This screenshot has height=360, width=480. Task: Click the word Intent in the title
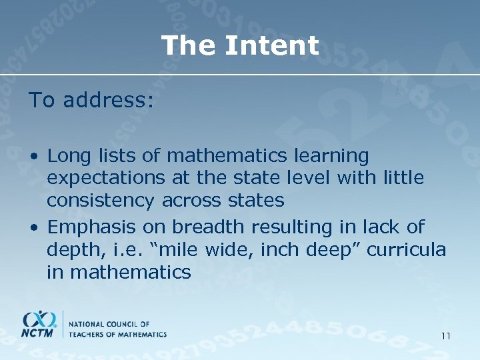(x=272, y=46)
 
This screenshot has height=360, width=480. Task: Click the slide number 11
(x=445, y=336)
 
